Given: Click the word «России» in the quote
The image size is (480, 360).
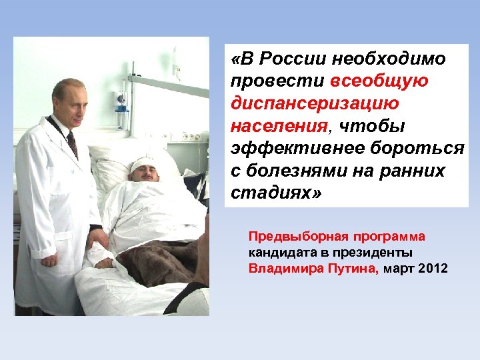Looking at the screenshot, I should click(x=286, y=59).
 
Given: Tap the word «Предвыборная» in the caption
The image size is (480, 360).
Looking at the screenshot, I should click(x=288, y=237).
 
